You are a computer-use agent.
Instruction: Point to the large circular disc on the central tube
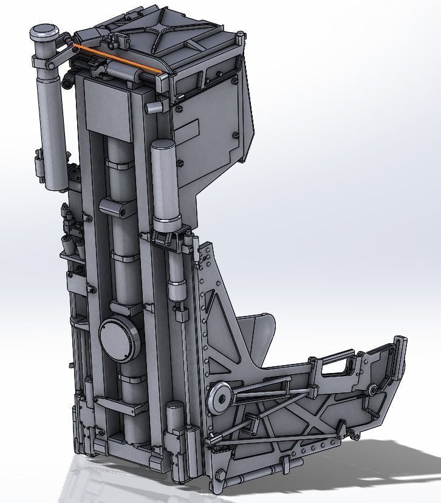coord(119,340)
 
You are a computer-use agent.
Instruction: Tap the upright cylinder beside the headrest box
coord(164,182)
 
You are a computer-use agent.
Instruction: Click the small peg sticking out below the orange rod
coord(152,107)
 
